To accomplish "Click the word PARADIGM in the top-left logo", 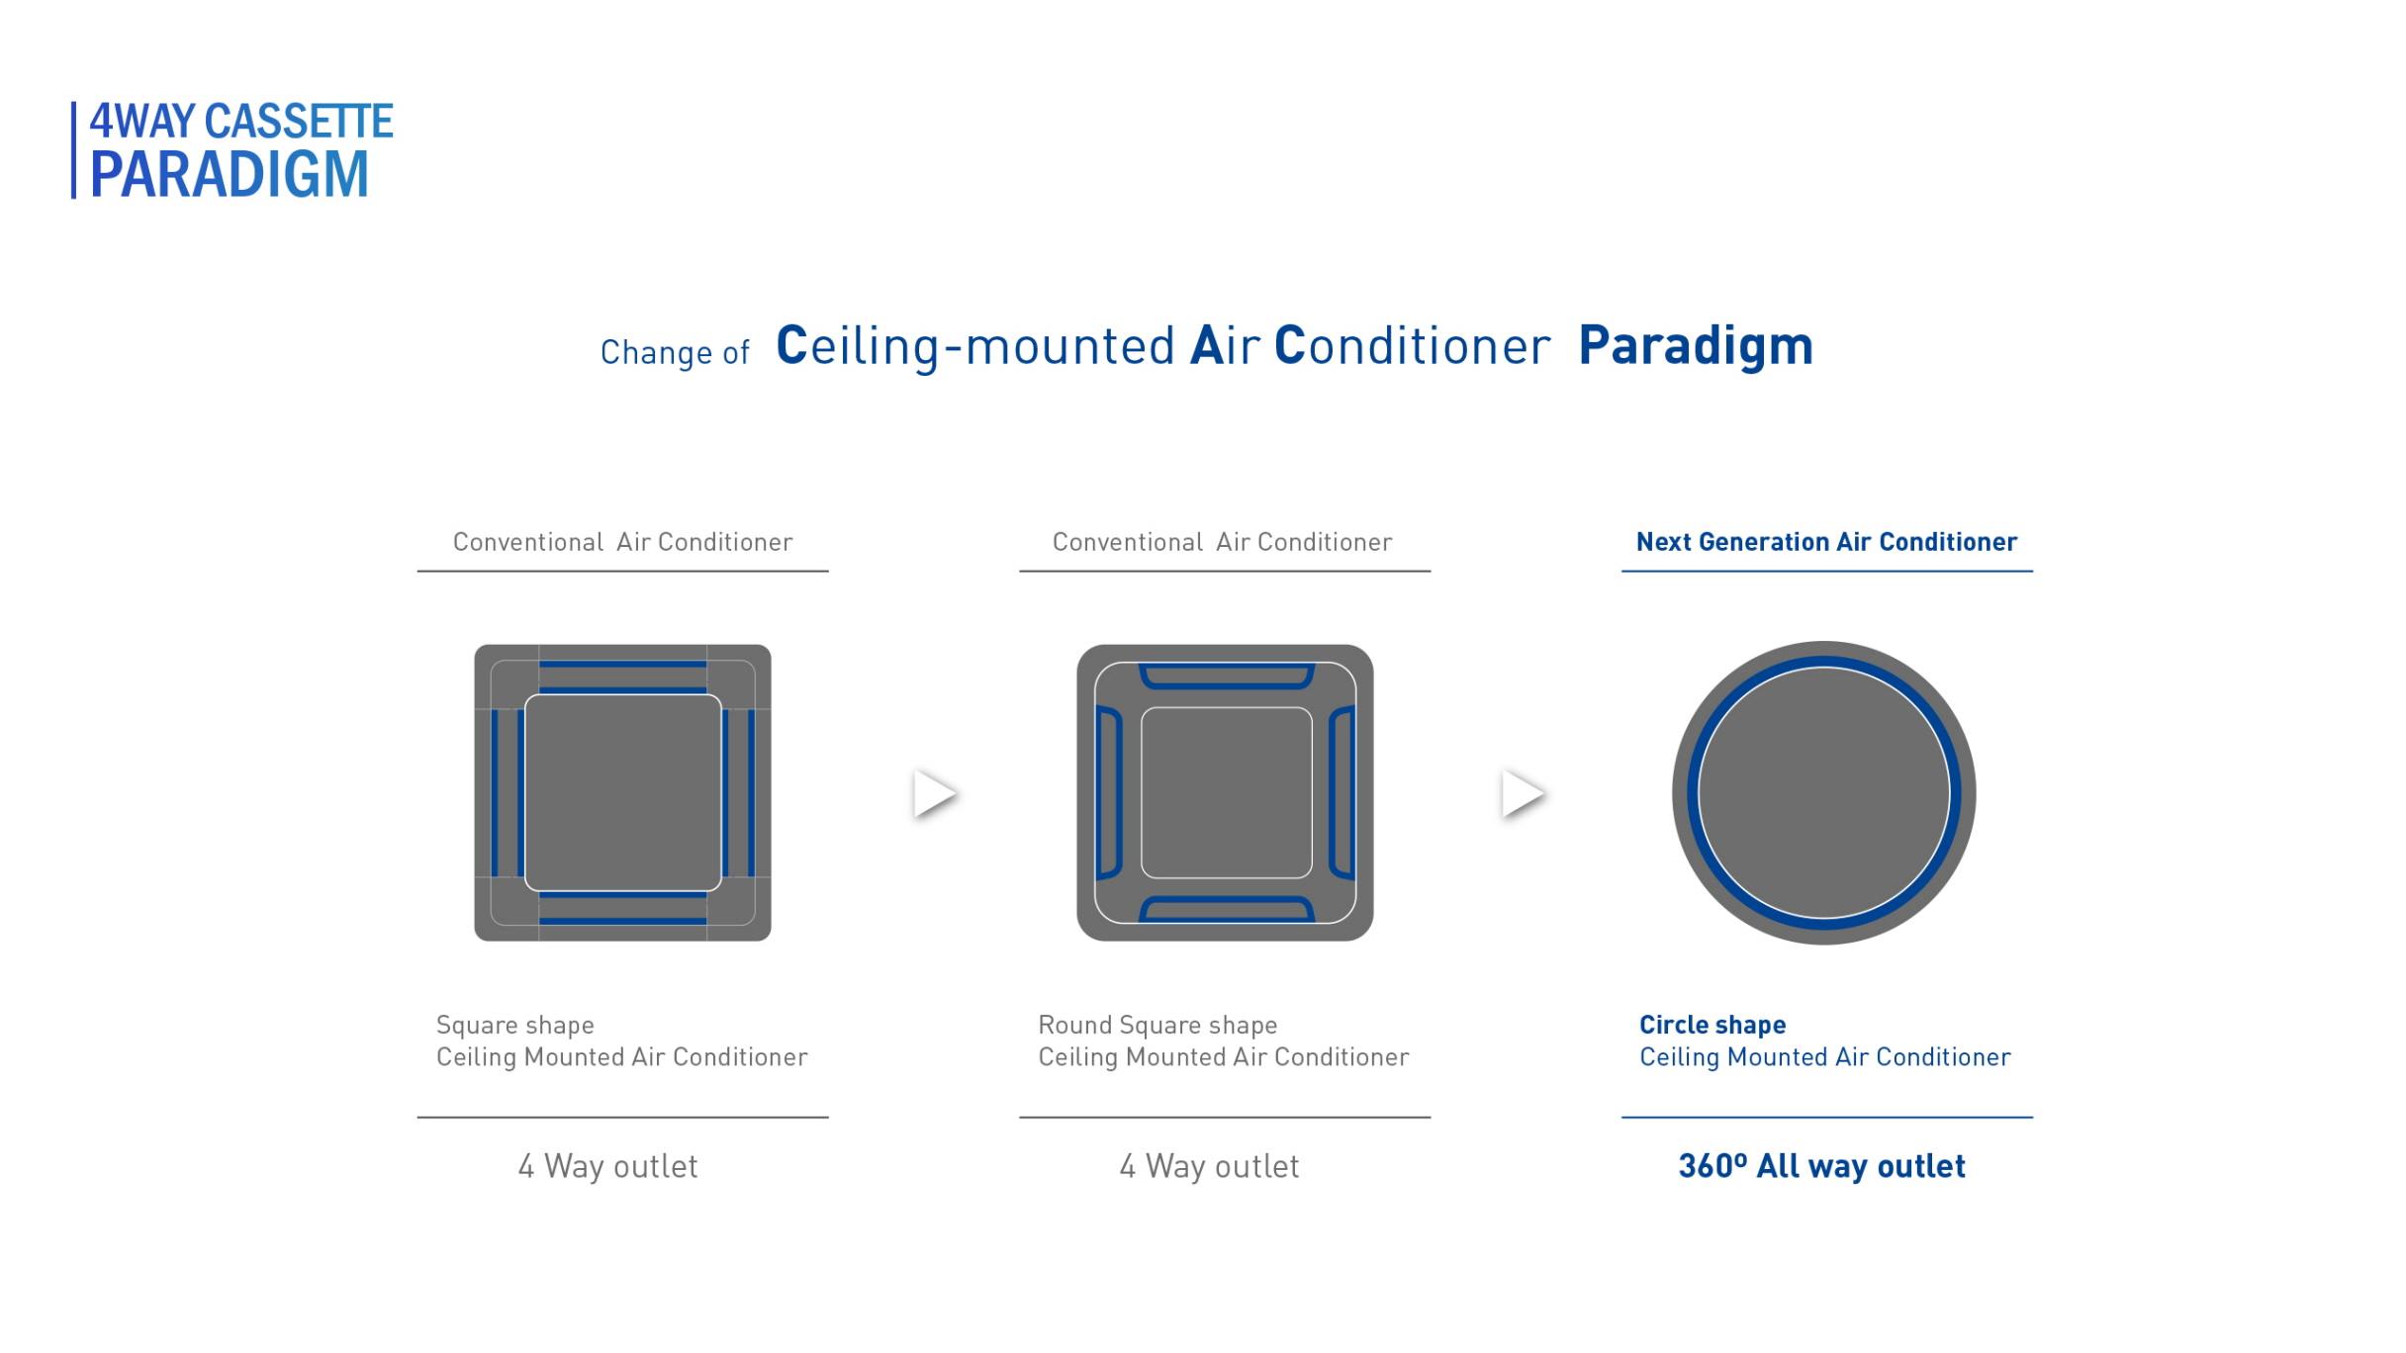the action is coord(230,175).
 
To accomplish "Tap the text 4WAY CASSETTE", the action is coord(241,121).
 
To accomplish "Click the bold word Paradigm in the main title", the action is coord(1696,346).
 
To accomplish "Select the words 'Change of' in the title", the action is coord(675,352).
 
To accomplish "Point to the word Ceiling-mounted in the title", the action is coord(975,346).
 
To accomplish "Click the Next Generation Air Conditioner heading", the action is coord(1826,542).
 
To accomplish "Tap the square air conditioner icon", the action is coord(622,793).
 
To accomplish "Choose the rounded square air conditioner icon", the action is coord(1225,793).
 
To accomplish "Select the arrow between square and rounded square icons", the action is coord(934,793).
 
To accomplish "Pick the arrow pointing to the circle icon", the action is coord(1523,793).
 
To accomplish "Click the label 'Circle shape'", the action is coord(1712,1025).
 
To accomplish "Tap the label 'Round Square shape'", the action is coord(1157,1026).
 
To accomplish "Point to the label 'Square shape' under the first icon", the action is coord(515,1026).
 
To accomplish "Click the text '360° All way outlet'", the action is coord(1822,1166).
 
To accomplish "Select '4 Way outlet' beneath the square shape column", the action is coord(608,1166).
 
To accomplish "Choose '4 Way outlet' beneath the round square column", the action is coord(1209,1166).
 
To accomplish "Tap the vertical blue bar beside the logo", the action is coord(73,150).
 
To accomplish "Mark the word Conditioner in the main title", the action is coord(1413,346).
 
